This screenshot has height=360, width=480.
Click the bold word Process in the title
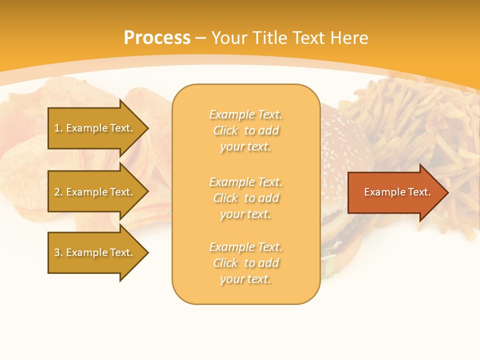point(157,38)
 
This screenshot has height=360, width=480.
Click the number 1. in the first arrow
point(58,128)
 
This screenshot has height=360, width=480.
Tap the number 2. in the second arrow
point(58,192)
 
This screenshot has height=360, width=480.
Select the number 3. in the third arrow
point(58,252)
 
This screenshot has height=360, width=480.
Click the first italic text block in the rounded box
point(245,130)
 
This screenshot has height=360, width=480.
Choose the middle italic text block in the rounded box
point(245,198)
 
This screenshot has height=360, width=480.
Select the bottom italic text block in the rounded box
point(245,263)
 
